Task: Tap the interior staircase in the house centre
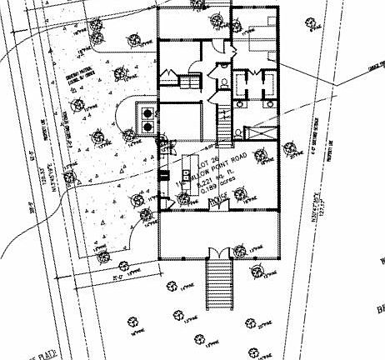coord(223,125)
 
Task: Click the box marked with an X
coord(262,131)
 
